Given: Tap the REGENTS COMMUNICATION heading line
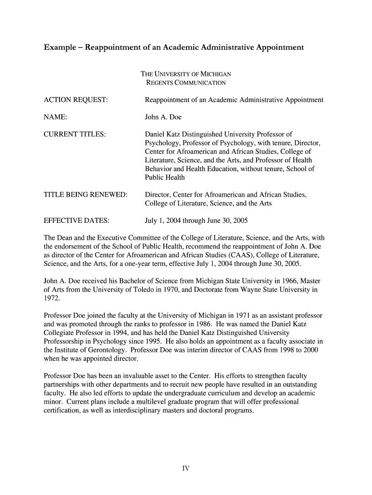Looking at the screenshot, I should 186,83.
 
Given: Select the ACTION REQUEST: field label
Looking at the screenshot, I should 76,100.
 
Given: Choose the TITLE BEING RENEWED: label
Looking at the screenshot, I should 86,194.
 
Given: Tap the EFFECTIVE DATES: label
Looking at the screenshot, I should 77,221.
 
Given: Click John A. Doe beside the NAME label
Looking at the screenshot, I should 163,117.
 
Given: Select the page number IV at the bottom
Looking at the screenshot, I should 186,468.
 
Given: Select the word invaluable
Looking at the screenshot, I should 136,376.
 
